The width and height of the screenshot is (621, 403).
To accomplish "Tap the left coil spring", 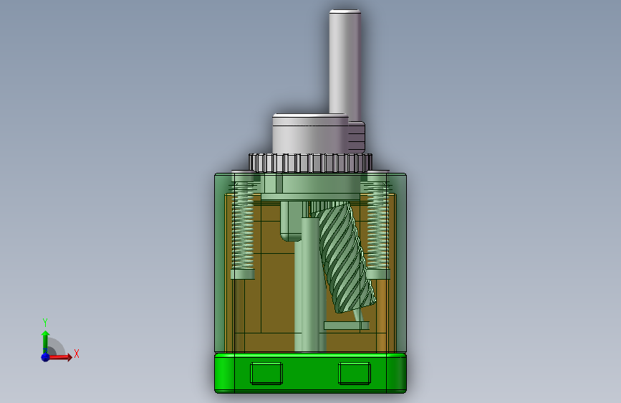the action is coord(242,225).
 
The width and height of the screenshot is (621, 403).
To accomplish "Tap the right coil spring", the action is coord(377,225).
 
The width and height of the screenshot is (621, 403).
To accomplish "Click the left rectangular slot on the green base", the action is coord(266,374).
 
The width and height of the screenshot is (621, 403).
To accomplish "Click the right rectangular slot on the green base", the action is coord(355,374).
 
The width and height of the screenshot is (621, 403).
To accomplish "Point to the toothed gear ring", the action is coord(311,163).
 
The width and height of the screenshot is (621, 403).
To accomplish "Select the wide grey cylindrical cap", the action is coord(310,134).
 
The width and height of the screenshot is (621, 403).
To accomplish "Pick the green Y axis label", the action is coord(45,322).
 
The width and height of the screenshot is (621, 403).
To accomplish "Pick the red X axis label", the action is coord(77,354).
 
